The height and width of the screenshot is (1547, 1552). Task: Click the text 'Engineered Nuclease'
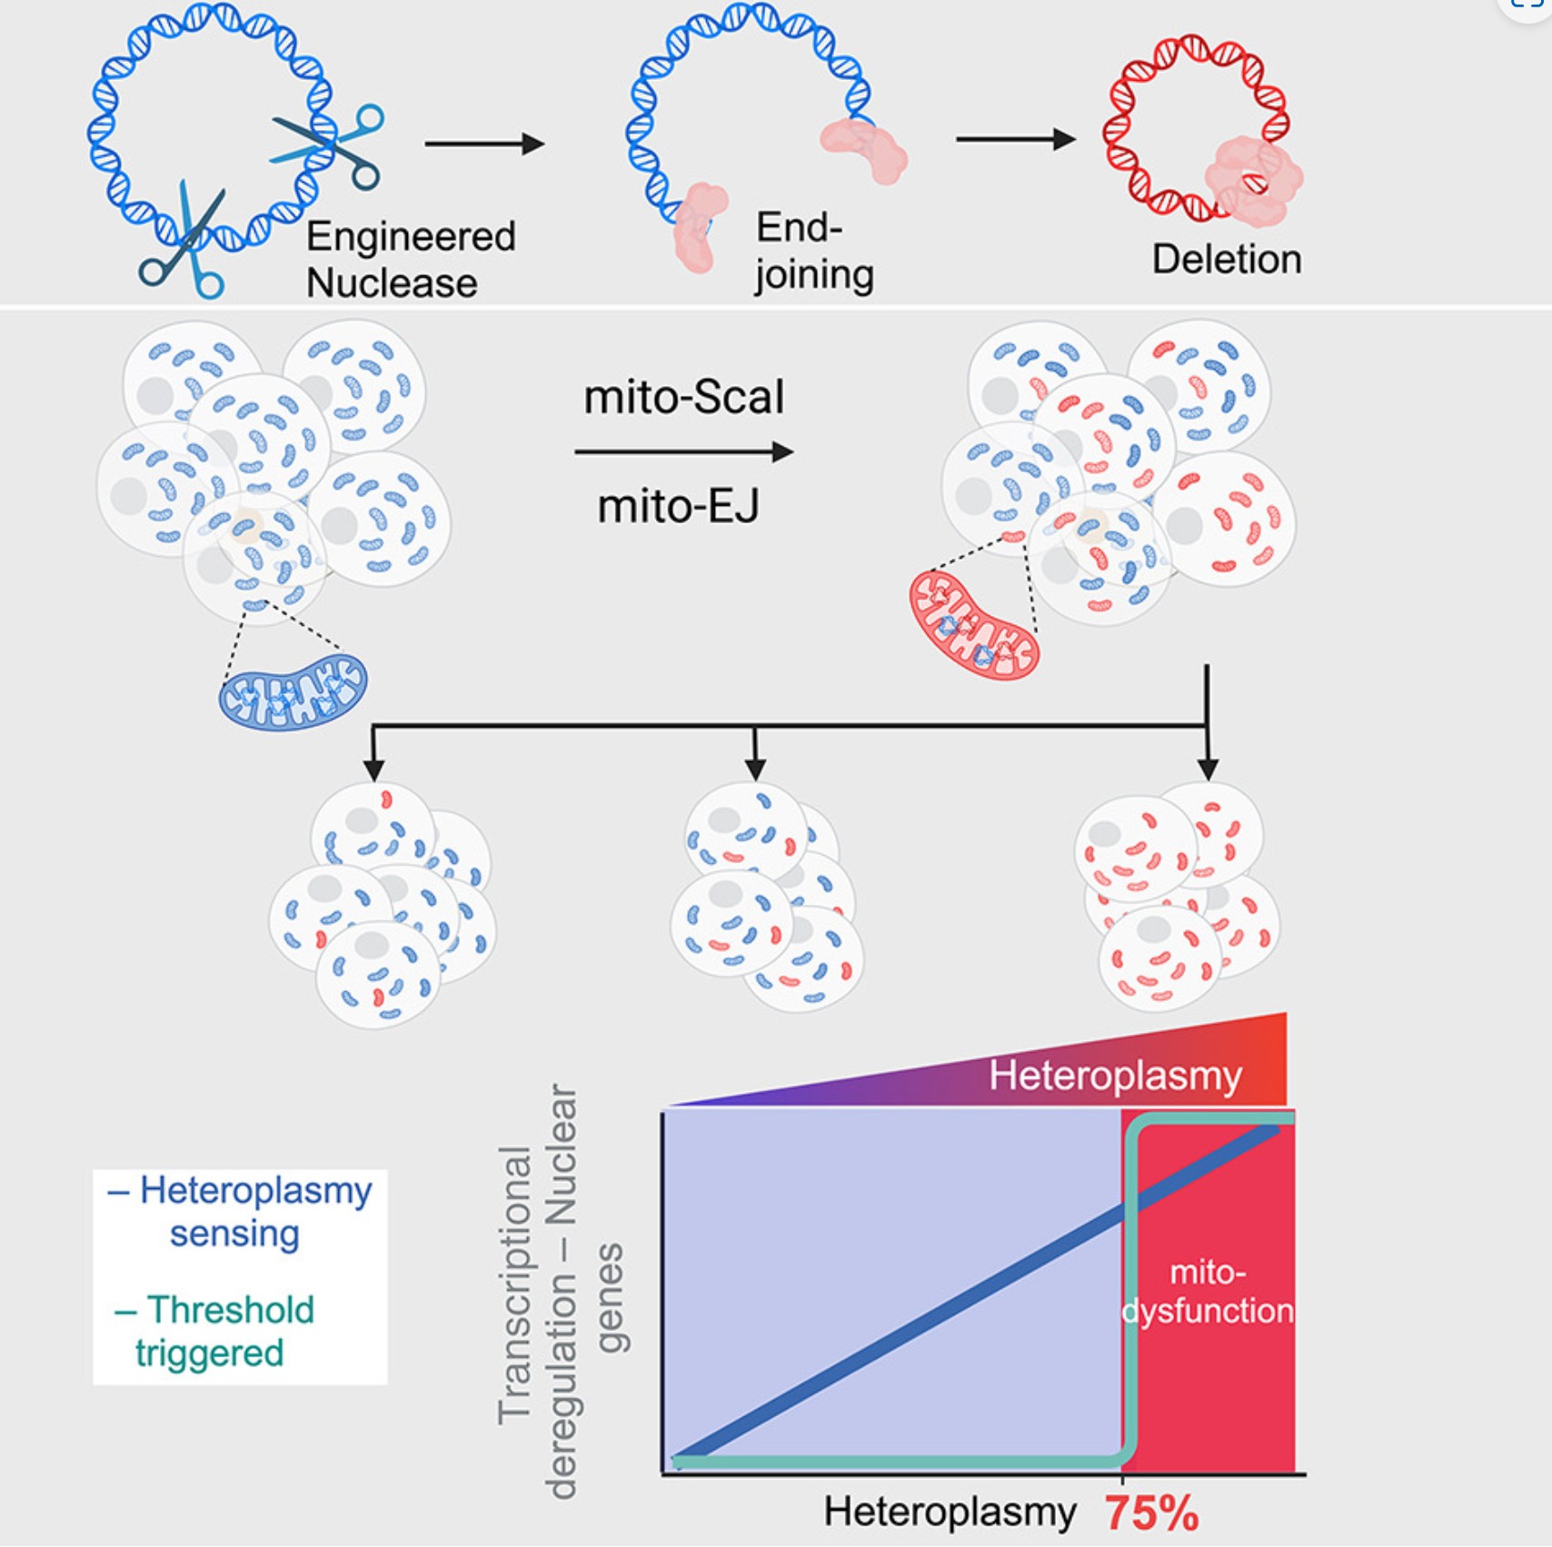[x=410, y=260]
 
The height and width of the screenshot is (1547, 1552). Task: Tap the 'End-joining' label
[x=813, y=251]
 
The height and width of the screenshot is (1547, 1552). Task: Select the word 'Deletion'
[x=1226, y=260]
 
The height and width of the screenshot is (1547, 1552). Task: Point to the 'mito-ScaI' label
[x=683, y=398]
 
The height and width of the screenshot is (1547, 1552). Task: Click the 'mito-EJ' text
[x=678, y=506]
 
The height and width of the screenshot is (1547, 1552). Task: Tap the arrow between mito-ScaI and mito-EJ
[x=683, y=451]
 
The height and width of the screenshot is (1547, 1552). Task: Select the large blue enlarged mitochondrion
[x=293, y=691]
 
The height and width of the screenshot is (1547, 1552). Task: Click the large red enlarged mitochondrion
[x=974, y=624]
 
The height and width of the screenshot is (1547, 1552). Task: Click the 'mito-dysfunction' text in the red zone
[x=1208, y=1291]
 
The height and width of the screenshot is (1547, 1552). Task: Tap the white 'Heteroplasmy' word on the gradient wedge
[x=1115, y=1076]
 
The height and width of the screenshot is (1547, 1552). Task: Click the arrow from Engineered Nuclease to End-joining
[x=484, y=144]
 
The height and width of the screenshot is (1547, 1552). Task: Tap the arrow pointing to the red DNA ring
[x=1015, y=139]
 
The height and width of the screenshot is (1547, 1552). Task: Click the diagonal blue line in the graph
[x=909, y=1326]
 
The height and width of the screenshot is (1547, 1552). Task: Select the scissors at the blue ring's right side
[x=332, y=145]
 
